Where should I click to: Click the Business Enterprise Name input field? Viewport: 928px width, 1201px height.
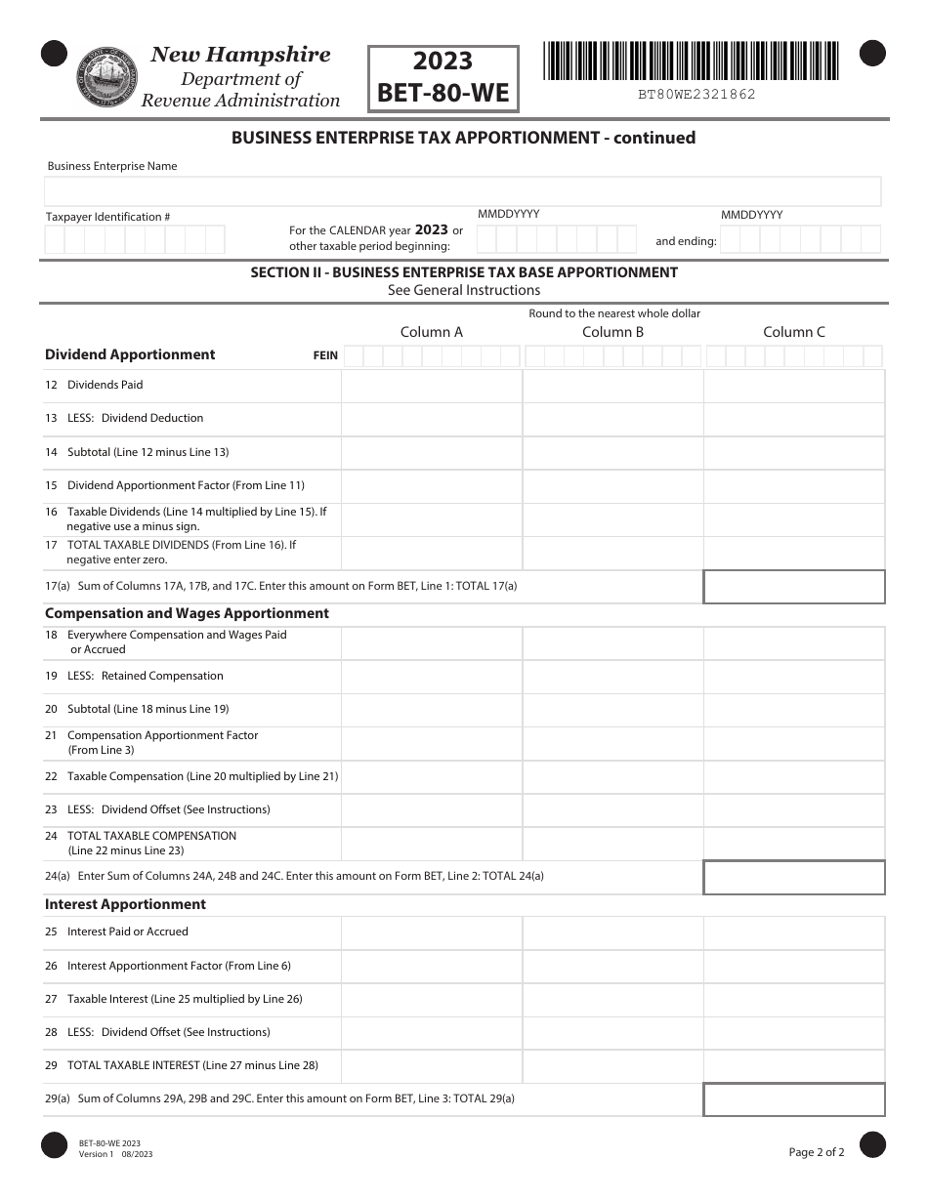(x=464, y=190)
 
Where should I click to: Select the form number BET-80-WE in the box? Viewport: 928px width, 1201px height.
(x=443, y=94)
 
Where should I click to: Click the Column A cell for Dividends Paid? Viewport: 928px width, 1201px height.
(x=431, y=386)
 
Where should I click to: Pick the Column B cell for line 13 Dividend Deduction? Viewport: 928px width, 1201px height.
(x=612, y=419)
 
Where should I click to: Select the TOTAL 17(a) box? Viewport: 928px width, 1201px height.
(x=793, y=587)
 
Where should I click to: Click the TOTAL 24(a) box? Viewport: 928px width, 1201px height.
(x=793, y=877)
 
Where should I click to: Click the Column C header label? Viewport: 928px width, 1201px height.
(x=793, y=332)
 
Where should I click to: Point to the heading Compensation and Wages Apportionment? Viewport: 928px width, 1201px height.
(x=187, y=613)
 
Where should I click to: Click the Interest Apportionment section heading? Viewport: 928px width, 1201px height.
(x=125, y=904)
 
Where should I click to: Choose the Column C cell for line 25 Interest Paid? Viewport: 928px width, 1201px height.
(x=793, y=932)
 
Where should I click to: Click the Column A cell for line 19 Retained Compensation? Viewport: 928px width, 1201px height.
(x=431, y=677)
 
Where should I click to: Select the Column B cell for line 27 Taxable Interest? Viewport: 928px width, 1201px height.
(x=612, y=1000)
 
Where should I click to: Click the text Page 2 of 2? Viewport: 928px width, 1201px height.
(x=817, y=1152)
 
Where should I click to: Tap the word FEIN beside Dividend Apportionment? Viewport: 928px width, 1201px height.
(x=325, y=355)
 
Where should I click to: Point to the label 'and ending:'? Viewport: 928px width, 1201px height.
(x=686, y=241)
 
